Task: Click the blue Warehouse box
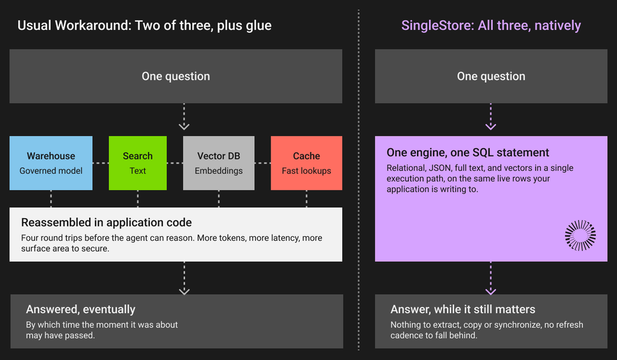click(51, 163)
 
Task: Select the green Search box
click(138, 163)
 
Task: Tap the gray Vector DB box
click(219, 163)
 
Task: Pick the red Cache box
click(307, 163)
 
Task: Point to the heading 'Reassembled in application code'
click(107, 223)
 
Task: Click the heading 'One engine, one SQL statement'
click(468, 153)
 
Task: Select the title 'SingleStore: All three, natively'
click(491, 25)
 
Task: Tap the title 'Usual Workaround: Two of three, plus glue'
click(145, 25)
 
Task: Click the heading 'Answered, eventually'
click(81, 309)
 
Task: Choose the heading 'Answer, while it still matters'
click(463, 309)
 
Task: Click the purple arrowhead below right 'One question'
click(490, 127)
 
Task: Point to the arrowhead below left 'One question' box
click(184, 127)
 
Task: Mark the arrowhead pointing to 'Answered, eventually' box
click(184, 291)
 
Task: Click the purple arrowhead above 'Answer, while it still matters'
click(490, 291)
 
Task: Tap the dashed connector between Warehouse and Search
click(101, 163)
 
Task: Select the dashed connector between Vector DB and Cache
click(263, 163)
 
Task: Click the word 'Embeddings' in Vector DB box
click(219, 171)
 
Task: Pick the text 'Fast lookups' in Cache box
click(307, 171)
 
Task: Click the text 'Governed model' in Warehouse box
click(51, 171)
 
